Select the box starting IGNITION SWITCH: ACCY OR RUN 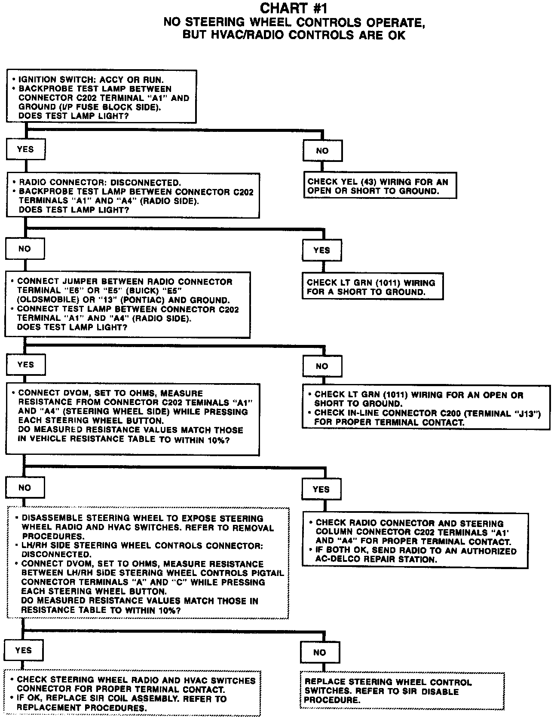101,97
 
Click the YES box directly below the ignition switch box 26,149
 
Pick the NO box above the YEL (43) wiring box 322,151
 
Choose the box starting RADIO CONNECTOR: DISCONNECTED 133,196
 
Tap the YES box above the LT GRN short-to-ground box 322,250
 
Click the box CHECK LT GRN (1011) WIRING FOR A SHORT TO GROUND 372,287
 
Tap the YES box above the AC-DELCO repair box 321,489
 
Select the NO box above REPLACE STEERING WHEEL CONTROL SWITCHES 320,652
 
